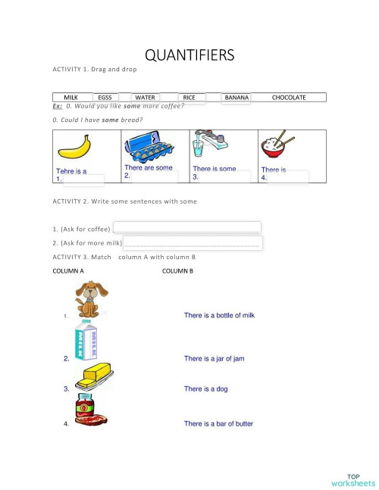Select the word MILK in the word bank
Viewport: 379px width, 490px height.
[x=71, y=98]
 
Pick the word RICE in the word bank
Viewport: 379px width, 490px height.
[x=189, y=98]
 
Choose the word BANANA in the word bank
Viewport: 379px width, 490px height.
[x=236, y=98]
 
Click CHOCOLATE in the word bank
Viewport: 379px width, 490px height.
[x=289, y=98]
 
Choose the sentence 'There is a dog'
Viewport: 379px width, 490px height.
[x=205, y=389]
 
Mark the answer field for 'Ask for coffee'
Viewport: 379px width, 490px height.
[x=186, y=228]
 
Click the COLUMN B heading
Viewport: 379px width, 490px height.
[x=177, y=270]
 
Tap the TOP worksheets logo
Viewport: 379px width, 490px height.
[x=352, y=478]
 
